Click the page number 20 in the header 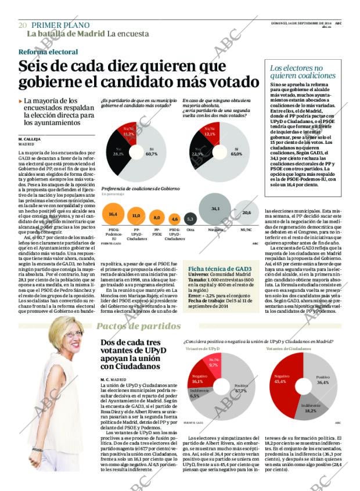click(23, 26)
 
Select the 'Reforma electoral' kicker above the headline click(48, 52)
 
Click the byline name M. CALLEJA click(28, 139)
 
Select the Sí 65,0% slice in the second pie click(235, 154)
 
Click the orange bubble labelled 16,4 click(113, 215)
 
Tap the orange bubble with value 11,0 click(136, 216)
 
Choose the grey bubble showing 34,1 click(215, 209)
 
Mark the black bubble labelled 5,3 click(190, 219)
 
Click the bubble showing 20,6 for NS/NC click(246, 213)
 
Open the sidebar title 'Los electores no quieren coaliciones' click(303, 71)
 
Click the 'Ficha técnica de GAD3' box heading click(220, 269)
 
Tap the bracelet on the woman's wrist click(37, 449)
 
